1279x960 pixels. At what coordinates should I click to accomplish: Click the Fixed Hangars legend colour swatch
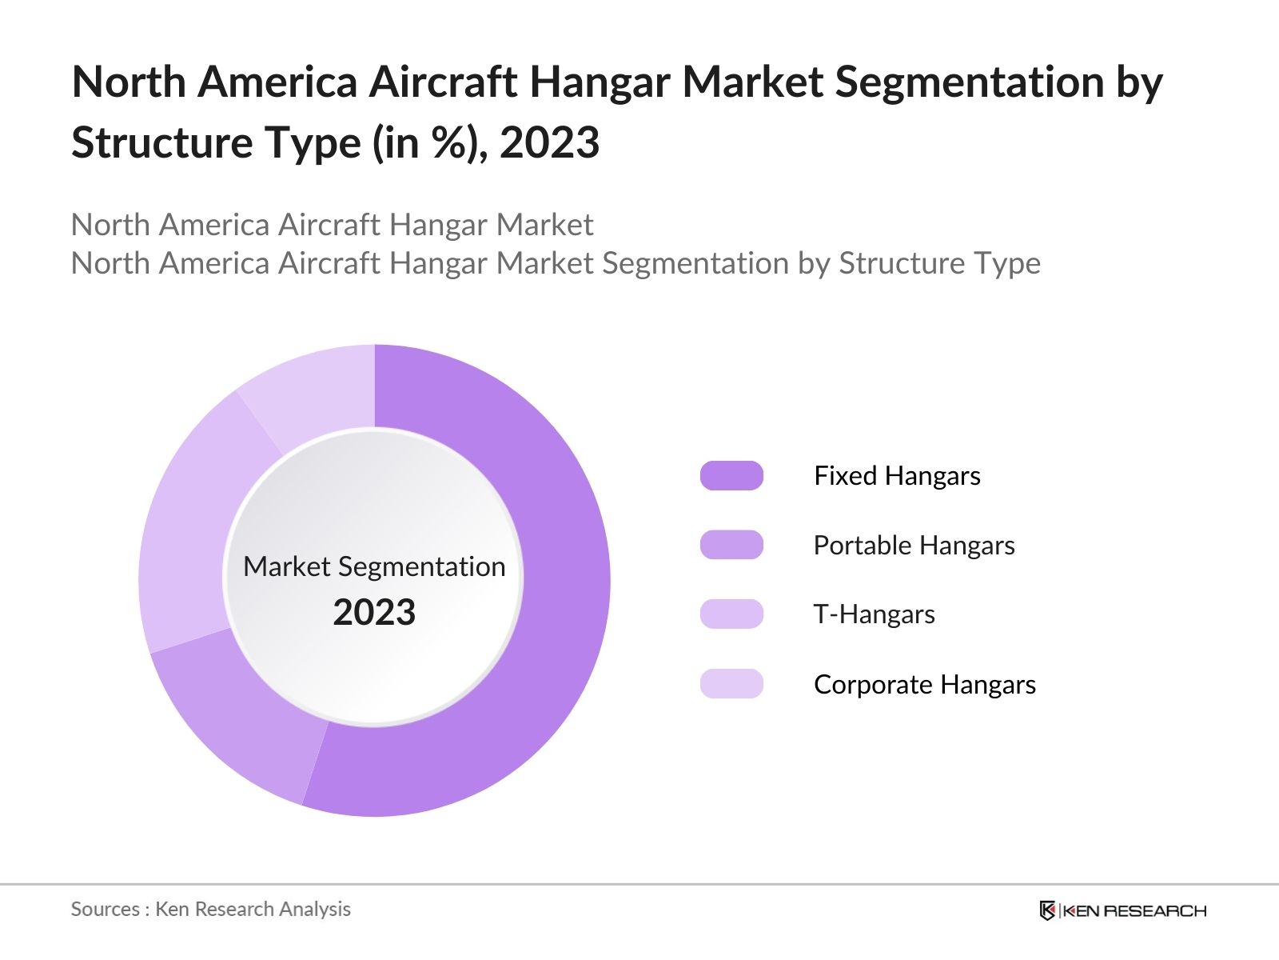pyautogui.click(x=731, y=475)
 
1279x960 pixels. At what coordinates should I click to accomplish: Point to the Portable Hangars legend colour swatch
pyautogui.click(x=731, y=545)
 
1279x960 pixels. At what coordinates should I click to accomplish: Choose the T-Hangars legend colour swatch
pyautogui.click(x=731, y=614)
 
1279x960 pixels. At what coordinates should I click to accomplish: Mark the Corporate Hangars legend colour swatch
pyautogui.click(x=731, y=684)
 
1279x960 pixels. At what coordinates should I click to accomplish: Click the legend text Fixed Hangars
pyautogui.click(x=897, y=476)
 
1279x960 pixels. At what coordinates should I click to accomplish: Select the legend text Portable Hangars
pyautogui.click(x=914, y=546)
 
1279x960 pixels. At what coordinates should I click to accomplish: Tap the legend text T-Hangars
pyautogui.click(x=874, y=614)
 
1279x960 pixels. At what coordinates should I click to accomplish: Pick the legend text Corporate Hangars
pyautogui.click(x=924, y=685)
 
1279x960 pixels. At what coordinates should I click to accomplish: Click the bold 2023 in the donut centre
pyautogui.click(x=374, y=613)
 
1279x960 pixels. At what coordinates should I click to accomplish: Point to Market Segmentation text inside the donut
pyautogui.click(x=374, y=566)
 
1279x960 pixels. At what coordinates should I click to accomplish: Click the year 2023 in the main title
pyautogui.click(x=550, y=143)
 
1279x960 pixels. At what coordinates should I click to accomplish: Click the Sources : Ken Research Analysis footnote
pyautogui.click(x=210, y=909)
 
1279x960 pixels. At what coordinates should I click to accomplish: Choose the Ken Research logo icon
pyautogui.click(x=1047, y=910)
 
